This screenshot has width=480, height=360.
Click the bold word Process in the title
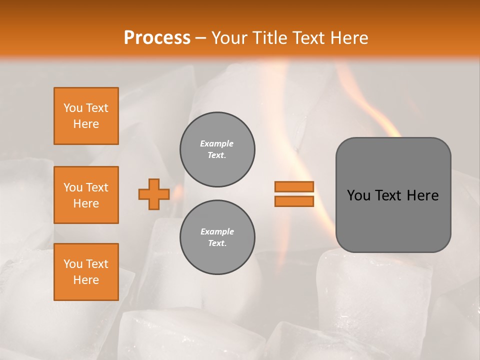[157, 38]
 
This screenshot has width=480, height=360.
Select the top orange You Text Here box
[86, 116]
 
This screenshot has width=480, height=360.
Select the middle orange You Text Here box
[86, 195]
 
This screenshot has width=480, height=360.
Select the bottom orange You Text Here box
[86, 272]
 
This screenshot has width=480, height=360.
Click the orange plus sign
[154, 194]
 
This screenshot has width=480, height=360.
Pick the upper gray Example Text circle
[217, 149]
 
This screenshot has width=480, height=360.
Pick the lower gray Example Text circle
[217, 237]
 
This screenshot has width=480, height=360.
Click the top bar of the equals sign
[294, 186]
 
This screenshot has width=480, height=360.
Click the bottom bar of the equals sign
[294, 201]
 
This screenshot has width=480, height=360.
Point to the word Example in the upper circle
[217, 143]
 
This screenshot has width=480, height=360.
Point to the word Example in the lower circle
[217, 231]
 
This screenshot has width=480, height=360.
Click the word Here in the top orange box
[86, 124]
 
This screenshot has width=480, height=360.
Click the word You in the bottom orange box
[73, 264]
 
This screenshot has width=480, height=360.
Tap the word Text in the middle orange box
[96, 187]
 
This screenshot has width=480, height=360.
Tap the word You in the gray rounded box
[358, 195]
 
